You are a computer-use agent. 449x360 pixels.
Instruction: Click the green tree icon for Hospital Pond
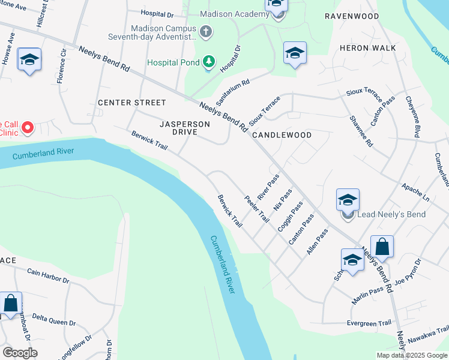[x=208, y=61]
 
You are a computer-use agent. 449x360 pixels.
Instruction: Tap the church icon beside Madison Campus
[x=206, y=31]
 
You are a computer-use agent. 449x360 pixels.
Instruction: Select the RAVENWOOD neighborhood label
[x=352, y=16]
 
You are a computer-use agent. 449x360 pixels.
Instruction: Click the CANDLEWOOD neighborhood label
[x=282, y=135]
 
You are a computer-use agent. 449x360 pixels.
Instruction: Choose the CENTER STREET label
[x=131, y=103]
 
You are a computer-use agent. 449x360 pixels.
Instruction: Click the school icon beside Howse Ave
[x=29, y=59]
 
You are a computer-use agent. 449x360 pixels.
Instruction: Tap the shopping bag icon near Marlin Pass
[x=382, y=246]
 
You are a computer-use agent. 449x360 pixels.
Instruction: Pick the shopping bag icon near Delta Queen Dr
[x=11, y=303]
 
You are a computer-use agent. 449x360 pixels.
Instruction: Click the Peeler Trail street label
[x=256, y=209]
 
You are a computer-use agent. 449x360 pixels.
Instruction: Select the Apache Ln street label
[x=416, y=191]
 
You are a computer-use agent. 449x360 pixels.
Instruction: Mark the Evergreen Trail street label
[x=369, y=323]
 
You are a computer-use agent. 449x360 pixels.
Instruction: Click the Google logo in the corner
[x=20, y=353]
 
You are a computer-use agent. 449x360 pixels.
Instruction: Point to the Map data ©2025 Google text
[x=411, y=355]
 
